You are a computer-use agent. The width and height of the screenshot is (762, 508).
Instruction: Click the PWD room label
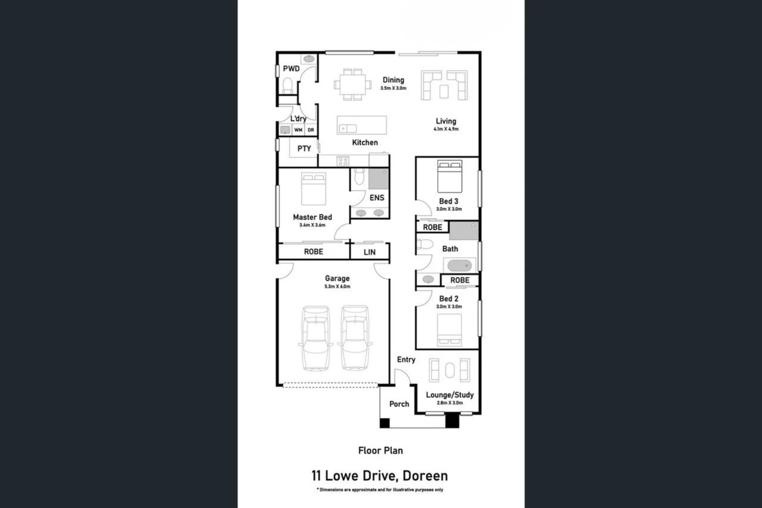(291, 69)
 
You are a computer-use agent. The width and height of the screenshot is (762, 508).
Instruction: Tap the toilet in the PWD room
(288, 86)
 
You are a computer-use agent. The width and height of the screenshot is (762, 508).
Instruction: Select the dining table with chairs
(352, 84)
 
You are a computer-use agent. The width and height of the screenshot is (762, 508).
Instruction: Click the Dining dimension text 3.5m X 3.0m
(393, 88)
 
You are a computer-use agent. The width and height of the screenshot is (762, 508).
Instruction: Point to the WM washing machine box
(298, 130)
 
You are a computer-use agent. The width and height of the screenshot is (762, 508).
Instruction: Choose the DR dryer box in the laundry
(311, 130)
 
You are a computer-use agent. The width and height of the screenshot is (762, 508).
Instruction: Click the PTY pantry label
(304, 149)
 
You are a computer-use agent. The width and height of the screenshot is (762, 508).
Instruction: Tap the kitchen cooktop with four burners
(342, 161)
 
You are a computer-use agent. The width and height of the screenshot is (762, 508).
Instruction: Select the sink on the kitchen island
(348, 129)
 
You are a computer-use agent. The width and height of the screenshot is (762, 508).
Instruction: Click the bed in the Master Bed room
(313, 189)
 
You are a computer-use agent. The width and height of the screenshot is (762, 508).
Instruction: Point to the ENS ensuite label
(377, 198)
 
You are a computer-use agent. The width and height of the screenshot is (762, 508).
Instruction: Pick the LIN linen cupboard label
(370, 252)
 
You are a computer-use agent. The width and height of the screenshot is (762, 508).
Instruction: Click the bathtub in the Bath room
(459, 265)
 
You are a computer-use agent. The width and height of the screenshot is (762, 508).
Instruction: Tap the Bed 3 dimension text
(449, 209)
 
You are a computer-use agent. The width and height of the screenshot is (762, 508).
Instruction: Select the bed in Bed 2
(450, 329)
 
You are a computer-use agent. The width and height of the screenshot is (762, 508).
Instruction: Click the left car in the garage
(316, 339)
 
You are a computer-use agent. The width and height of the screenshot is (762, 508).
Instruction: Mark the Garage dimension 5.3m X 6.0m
(337, 286)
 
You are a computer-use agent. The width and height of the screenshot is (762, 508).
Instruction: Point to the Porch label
(399, 404)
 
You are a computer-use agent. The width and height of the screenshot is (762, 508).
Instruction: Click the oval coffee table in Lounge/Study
(450, 370)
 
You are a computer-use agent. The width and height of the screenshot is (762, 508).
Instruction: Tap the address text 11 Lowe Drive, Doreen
(380, 475)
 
